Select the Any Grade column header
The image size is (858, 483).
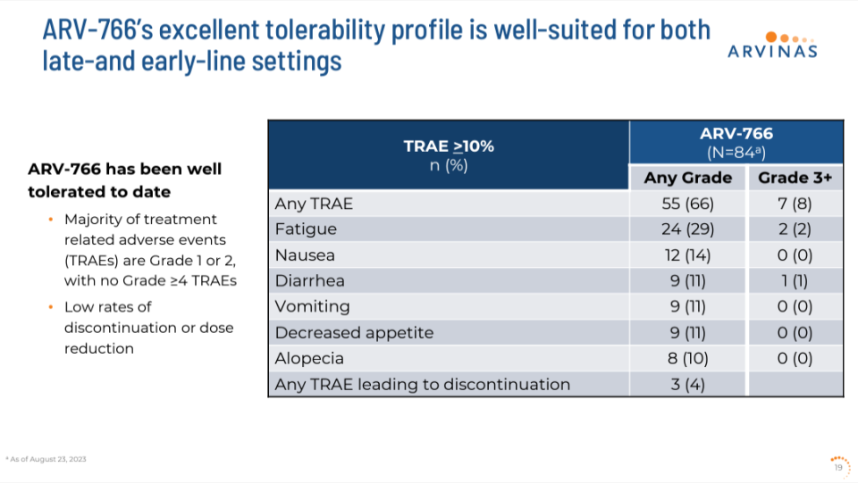tap(687, 178)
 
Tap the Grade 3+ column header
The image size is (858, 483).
tap(795, 178)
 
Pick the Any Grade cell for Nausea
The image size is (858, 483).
tap(687, 255)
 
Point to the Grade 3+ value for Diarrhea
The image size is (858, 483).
tap(795, 281)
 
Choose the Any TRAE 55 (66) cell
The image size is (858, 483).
tap(687, 204)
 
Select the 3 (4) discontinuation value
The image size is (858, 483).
tap(687, 385)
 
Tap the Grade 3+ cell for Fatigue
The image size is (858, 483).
tap(795, 229)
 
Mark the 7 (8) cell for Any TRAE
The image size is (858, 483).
tap(795, 204)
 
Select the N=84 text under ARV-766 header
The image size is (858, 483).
tap(736, 152)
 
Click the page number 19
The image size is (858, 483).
tap(838, 466)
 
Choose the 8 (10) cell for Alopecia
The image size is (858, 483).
tap(687, 359)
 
